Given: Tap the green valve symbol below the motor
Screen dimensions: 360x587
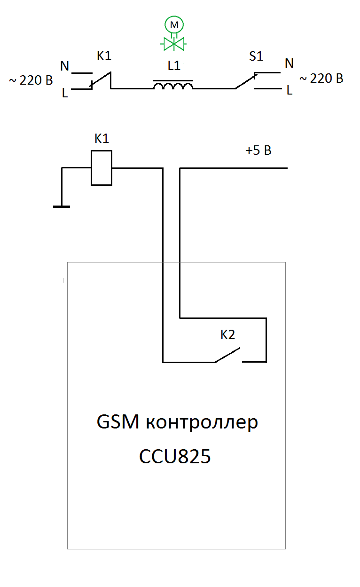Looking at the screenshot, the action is [173, 44].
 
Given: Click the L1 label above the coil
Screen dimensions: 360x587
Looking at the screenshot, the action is [174, 65].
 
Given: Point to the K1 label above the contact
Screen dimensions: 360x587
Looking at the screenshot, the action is [104, 56].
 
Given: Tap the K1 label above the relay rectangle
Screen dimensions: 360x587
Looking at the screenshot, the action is [102, 139].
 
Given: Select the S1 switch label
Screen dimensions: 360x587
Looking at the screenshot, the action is [256, 56].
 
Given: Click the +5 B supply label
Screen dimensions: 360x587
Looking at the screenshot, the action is [258, 151].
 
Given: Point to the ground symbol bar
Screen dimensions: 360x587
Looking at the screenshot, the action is [62, 207].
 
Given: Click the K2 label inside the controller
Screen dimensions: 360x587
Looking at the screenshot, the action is [227, 334].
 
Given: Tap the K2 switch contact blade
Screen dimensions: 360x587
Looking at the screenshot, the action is [227, 355].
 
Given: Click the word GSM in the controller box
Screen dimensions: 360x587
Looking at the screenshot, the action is [117, 422].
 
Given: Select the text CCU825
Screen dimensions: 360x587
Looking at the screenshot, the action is [175, 457].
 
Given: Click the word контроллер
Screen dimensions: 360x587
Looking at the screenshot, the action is [202, 423].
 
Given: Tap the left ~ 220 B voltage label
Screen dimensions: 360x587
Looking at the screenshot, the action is [31, 80].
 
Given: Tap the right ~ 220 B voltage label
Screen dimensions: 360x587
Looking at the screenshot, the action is [321, 79].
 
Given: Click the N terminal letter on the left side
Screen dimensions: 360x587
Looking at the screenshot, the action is [64, 66].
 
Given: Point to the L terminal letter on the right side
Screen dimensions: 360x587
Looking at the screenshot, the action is [290, 90].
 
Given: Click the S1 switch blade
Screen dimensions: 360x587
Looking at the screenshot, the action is [246, 81].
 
